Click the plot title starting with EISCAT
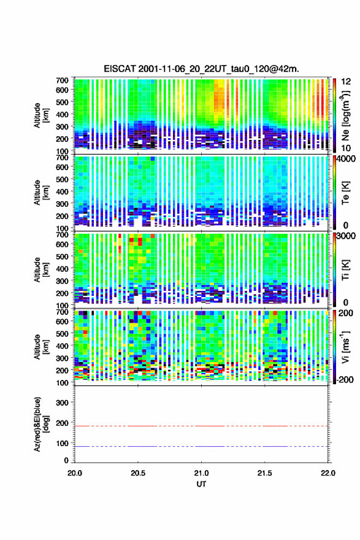click(x=201, y=69)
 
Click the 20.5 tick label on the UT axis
click(x=138, y=473)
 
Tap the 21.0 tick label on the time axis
click(x=201, y=473)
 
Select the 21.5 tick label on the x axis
click(x=265, y=473)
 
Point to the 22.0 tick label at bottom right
click(x=328, y=473)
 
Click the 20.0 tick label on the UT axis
click(x=75, y=473)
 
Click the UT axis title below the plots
click(x=201, y=484)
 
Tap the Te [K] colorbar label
click(x=345, y=193)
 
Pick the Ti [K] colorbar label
click(x=345, y=270)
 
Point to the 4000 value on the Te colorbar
click(x=346, y=159)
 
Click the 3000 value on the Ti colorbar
click(x=346, y=236)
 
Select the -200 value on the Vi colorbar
click(x=345, y=379)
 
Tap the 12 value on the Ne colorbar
click(x=346, y=82)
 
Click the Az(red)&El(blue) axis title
click(x=41, y=424)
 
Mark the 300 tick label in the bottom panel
click(x=63, y=403)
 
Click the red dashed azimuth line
click(x=201, y=426)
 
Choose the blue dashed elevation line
click(x=201, y=446)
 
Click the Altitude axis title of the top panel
click(x=41, y=115)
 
